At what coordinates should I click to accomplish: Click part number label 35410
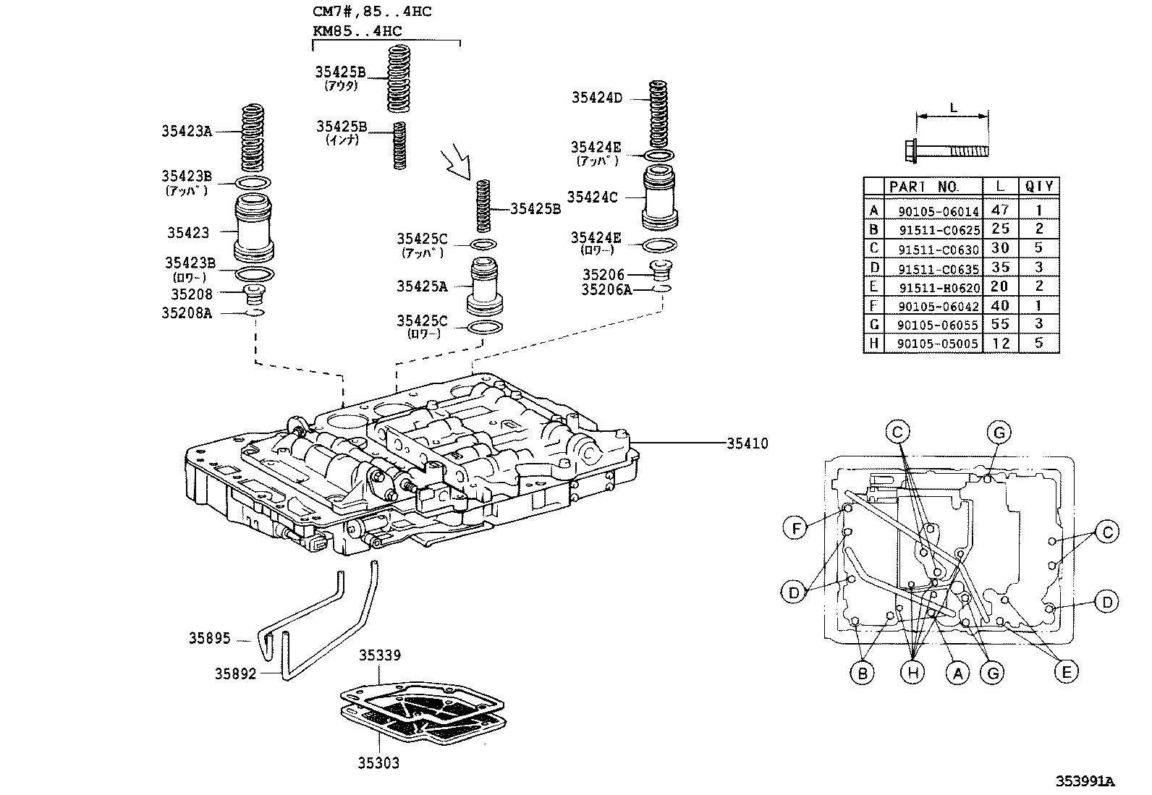(747, 443)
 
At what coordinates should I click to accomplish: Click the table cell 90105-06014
(938, 211)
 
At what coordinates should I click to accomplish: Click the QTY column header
(1038, 186)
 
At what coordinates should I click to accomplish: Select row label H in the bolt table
(874, 344)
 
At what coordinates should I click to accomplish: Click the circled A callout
(957, 673)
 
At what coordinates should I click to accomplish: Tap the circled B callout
(862, 673)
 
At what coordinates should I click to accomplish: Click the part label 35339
(380, 655)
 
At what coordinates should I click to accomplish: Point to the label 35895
(210, 638)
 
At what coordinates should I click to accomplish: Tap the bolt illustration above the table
(946, 150)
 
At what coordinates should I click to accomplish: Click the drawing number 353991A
(1083, 781)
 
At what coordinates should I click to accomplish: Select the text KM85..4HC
(357, 31)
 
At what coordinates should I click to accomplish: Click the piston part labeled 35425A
(486, 285)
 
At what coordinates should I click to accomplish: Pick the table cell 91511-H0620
(939, 287)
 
